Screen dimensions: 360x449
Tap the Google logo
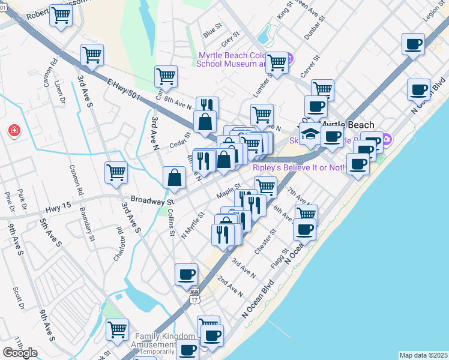[20, 353]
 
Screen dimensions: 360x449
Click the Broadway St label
[152, 198]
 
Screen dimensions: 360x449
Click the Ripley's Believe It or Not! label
[298, 167]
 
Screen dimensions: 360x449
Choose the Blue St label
[212, 28]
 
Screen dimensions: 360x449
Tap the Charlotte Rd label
[118, 242]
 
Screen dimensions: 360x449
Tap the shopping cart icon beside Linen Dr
[92, 55]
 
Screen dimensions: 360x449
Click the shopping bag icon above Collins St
[174, 177]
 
